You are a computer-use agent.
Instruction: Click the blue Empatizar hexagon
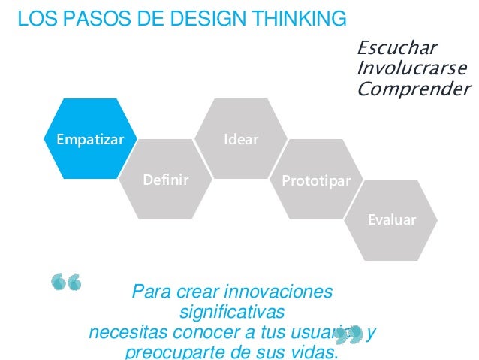pos(84,139)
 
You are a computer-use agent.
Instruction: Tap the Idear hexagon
pos(240,140)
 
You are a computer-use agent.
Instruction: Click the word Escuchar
pos(396,49)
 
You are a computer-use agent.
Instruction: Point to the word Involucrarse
pos(411,69)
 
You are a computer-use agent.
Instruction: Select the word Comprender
pos(414,90)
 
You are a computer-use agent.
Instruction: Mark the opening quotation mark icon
pos(65,282)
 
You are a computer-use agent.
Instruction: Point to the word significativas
pos(232,311)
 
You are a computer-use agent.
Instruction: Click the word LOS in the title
pos(35,17)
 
